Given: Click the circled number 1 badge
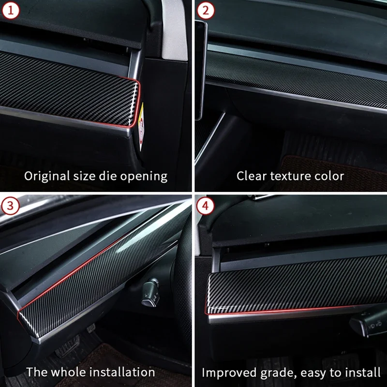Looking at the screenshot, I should point(10,10).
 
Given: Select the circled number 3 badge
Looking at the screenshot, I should point(10,206).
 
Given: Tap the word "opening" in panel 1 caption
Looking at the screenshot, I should point(145,176).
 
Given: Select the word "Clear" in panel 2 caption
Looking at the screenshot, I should point(250,176).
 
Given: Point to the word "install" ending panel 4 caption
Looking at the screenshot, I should point(362,372).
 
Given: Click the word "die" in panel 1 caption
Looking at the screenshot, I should point(106,176).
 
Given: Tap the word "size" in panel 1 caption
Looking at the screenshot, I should point(82,176).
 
